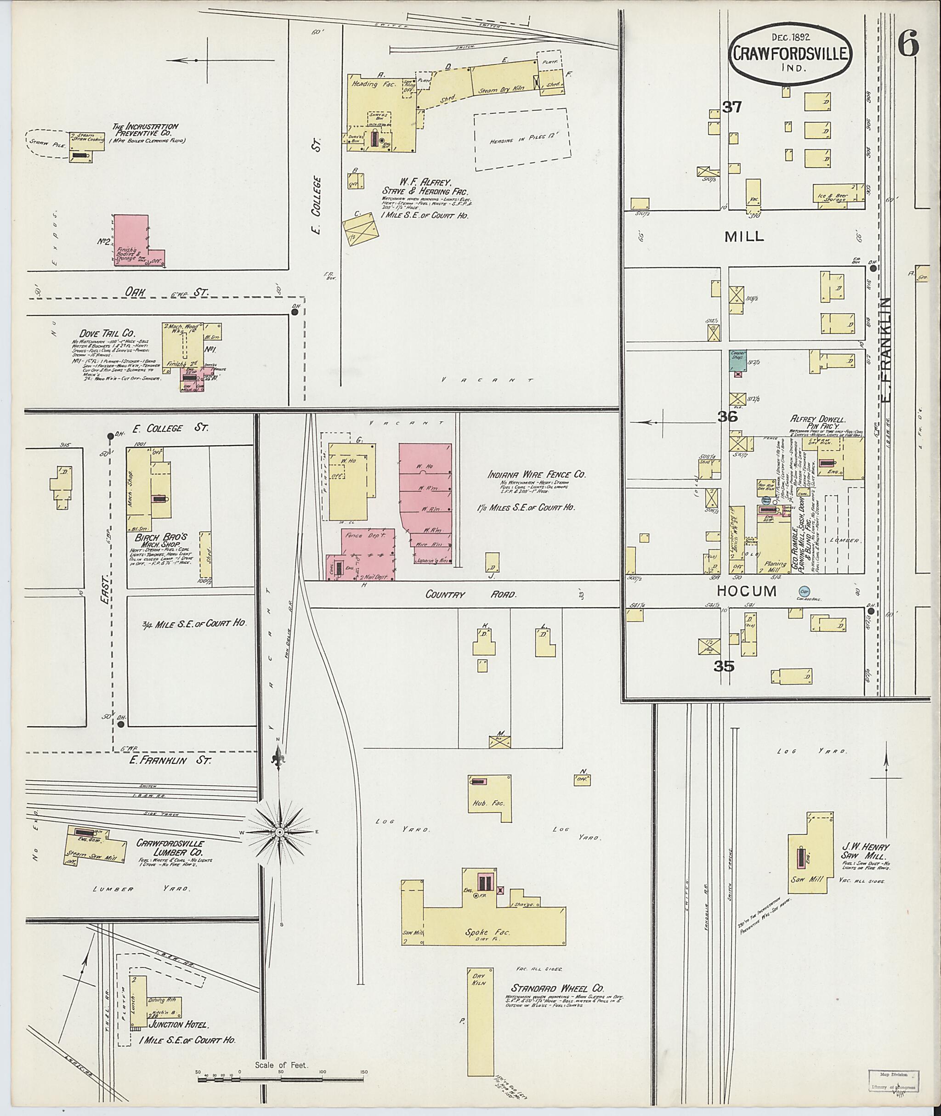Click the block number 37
pos(732,107)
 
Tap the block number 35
pos(724,666)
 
